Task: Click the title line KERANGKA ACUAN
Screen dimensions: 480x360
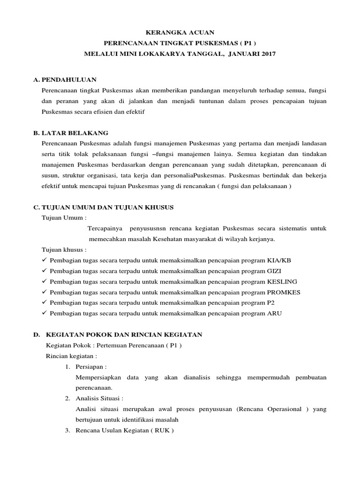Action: [180, 32]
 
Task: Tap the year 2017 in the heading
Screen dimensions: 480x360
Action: [266, 54]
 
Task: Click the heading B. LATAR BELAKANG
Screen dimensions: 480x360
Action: [71, 133]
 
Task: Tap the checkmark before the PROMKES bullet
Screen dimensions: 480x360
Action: [44, 292]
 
